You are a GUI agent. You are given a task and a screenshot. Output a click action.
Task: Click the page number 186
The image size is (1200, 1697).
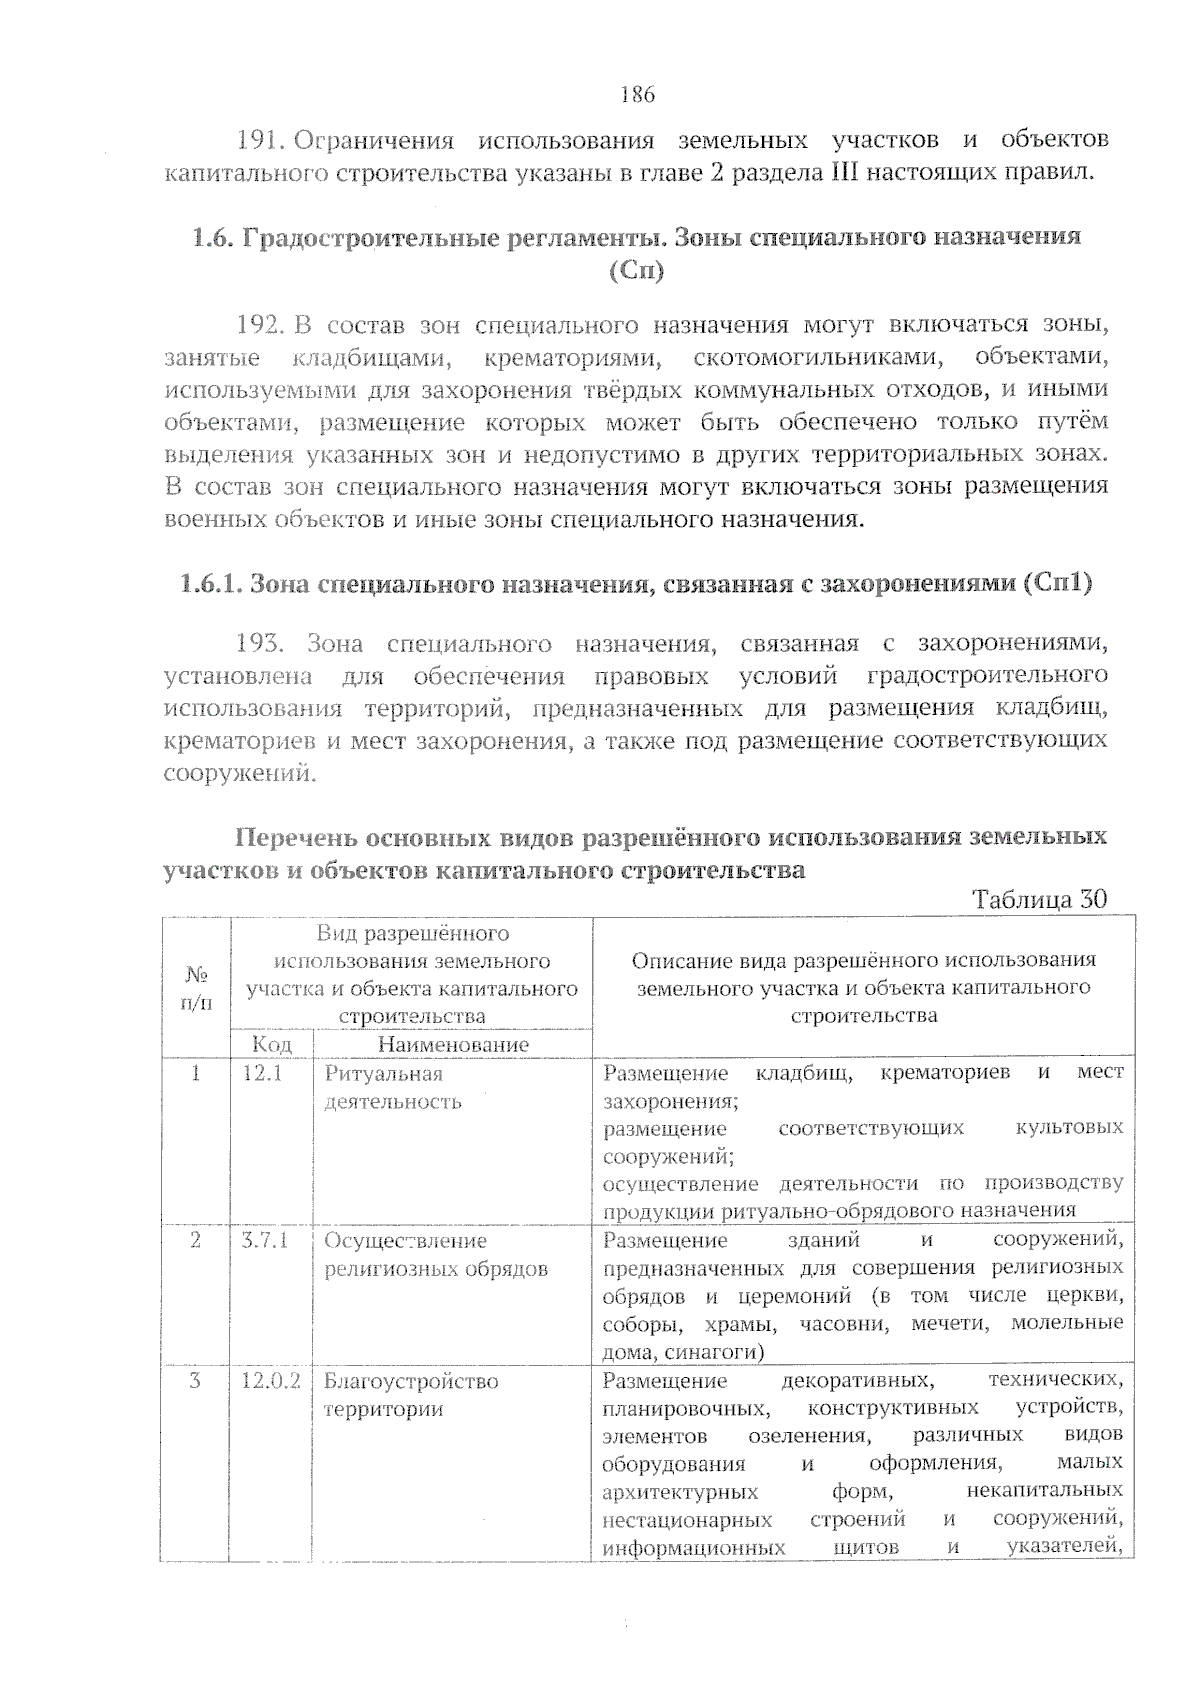[637, 95]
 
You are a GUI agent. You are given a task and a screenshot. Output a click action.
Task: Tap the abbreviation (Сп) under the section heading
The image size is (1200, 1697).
[636, 271]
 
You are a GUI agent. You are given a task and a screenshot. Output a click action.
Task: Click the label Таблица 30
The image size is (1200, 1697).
[1040, 898]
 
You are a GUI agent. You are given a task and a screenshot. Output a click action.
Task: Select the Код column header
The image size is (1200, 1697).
[272, 1044]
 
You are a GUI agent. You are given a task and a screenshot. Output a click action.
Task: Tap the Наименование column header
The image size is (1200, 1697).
[453, 1044]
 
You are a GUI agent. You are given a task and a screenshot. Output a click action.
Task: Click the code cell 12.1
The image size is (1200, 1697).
[263, 1073]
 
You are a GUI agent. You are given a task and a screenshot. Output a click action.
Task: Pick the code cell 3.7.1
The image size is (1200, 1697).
[265, 1241]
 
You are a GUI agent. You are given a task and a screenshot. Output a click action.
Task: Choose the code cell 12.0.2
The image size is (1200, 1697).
[271, 1381]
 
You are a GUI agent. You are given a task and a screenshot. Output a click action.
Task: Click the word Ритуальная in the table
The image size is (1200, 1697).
[384, 1074]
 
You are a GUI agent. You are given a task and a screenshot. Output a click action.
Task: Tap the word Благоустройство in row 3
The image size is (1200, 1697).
[411, 1381]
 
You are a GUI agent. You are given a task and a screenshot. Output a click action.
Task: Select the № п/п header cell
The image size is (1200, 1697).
[196, 987]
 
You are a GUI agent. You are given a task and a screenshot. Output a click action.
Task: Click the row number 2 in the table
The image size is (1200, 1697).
[195, 1241]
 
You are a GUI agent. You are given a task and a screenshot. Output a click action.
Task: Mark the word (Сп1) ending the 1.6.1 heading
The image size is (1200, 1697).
[1057, 583]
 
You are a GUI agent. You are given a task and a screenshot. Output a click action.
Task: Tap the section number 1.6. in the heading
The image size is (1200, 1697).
[212, 237]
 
